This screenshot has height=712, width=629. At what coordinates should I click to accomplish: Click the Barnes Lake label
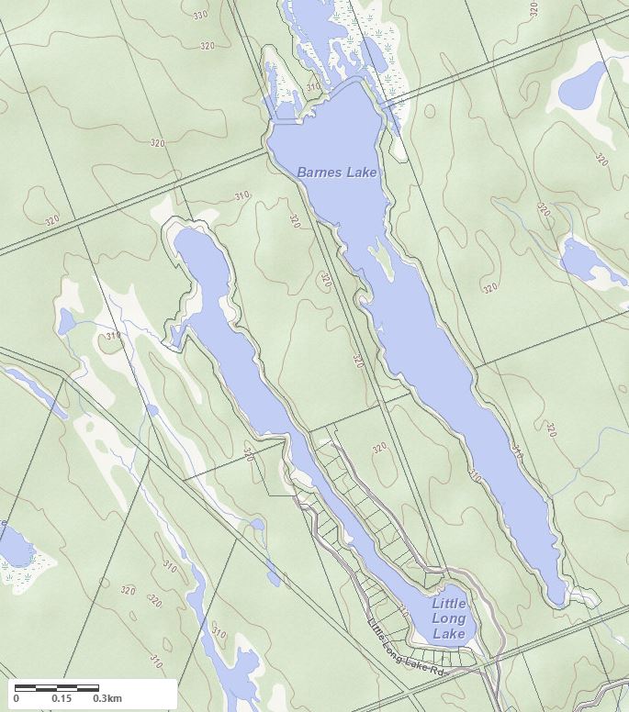click(336, 172)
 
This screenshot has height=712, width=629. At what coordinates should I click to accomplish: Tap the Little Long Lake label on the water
click(449, 618)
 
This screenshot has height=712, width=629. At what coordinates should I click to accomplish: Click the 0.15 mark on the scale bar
click(62, 699)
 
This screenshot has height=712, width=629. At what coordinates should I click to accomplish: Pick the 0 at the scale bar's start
click(17, 699)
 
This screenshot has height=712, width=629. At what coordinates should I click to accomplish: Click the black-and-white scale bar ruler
click(57, 687)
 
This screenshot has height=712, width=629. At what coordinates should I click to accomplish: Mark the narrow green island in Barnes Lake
click(384, 261)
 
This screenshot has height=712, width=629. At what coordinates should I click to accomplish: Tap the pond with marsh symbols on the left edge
click(16, 550)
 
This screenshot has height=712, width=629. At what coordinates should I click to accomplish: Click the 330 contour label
click(201, 16)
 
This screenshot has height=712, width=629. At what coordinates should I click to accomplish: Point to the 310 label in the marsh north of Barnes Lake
click(314, 88)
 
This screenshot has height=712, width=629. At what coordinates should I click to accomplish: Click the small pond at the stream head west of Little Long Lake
click(66, 321)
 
